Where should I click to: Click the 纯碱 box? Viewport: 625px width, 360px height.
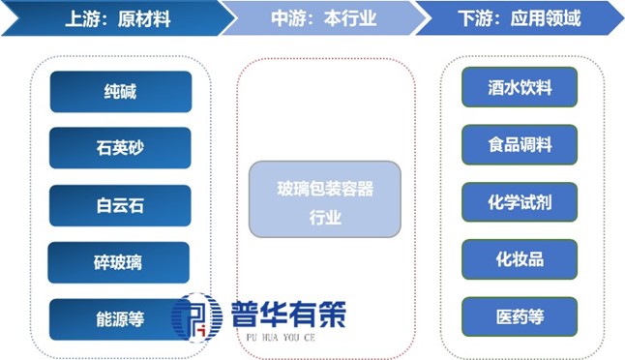coord(121,92)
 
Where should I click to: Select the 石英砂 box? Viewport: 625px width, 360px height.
coord(120,148)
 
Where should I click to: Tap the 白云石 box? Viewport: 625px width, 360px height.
coord(120,206)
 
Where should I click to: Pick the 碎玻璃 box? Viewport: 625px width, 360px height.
coord(118,262)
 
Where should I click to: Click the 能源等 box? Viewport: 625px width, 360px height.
coord(120,319)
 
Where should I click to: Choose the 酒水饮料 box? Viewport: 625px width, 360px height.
coord(520,87)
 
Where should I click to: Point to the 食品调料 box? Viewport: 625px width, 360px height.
coord(520,145)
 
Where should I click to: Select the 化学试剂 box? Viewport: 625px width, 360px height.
coord(520,202)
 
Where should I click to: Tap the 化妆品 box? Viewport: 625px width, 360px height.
coord(520,259)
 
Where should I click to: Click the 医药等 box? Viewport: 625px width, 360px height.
coord(520,317)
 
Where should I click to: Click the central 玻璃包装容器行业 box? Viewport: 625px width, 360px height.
coord(325,199)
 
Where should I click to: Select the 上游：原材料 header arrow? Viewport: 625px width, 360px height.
coord(118,18)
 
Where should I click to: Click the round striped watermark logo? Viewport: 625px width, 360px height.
coord(197,317)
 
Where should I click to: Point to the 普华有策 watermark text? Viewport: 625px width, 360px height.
coord(288,315)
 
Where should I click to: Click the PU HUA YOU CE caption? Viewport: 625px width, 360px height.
coord(281,338)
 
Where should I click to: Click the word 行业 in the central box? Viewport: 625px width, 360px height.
coord(325,218)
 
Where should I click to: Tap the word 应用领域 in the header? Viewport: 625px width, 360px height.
coord(546,18)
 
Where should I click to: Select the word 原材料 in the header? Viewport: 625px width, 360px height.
coord(144,18)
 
